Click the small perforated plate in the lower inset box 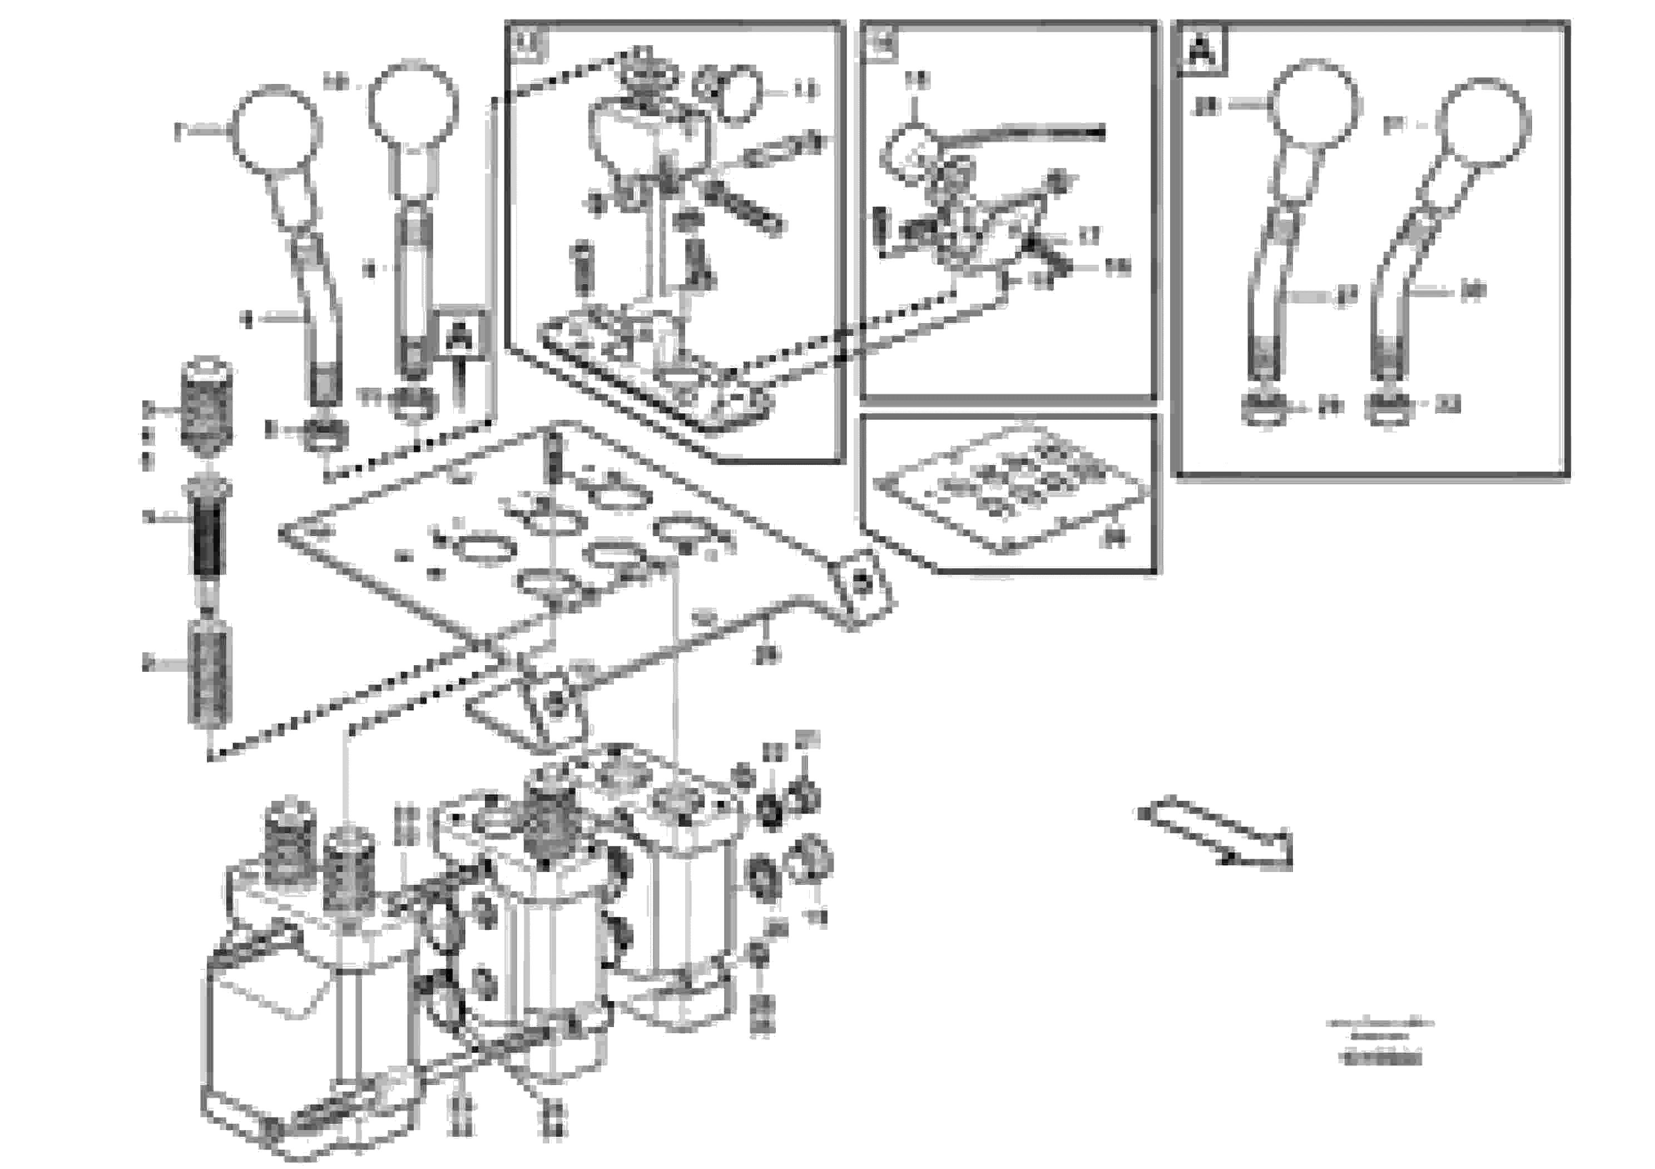pos(1009,490)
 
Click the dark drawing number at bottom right pos(1380,1059)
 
